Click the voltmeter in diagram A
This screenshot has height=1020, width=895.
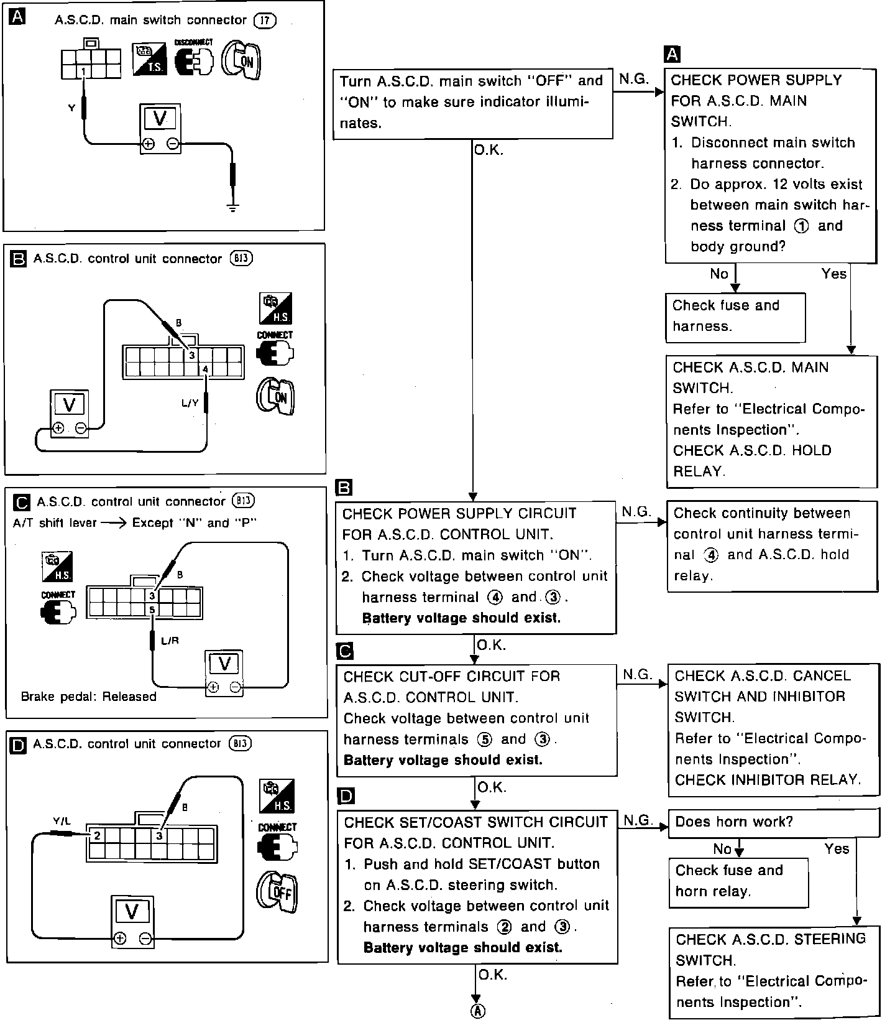[x=160, y=127]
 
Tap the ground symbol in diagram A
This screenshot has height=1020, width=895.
[x=232, y=206]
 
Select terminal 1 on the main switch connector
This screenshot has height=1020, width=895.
[x=83, y=72]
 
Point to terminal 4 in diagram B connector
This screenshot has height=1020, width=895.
[x=205, y=369]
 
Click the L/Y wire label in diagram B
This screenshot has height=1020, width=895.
[x=190, y=403]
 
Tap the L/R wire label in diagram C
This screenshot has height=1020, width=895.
[x=170, y=641]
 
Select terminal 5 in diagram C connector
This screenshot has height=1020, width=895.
[x=152, y=610]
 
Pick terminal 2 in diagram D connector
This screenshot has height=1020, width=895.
[x=97, y=835]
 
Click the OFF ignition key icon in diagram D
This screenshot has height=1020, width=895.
[x=277, y=893]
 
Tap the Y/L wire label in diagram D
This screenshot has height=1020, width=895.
[x=62, y=821]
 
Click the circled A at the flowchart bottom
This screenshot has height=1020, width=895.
[x=477, y=1011]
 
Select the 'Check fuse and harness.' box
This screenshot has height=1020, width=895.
[x=735, y=317]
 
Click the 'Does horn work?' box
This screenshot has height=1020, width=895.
[x=774, y=822]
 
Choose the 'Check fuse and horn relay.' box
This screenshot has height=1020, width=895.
[x=738, y=881]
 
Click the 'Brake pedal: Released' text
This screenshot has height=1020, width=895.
[x=88, y=697]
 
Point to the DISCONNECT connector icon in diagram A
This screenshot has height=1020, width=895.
[x=194, y=60]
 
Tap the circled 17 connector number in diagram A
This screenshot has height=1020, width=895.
[x=265, y=21]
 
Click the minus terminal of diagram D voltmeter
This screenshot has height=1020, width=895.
[x=145, y=939]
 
